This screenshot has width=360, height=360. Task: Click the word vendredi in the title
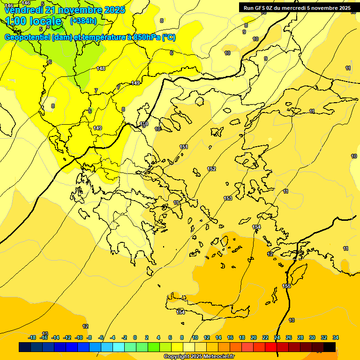click(23, 10)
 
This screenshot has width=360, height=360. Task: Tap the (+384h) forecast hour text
click(83, 21)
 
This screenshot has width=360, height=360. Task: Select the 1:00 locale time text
click(33, 21)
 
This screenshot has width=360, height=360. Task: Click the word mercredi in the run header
click(292, 8)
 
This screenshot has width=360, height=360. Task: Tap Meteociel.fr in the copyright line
click(219, 357)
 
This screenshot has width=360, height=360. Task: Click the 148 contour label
click(101, 69)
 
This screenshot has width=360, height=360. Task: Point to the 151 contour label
click(184, 147)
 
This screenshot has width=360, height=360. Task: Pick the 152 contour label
click(211, 169)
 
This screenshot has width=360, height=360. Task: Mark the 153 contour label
click(228, 198)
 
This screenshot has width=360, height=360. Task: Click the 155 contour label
click(286, 286)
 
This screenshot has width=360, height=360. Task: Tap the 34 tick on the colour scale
click(336, 337)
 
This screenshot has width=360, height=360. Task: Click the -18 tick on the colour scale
click(32, 337)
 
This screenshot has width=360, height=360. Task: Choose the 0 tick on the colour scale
click(135, 337)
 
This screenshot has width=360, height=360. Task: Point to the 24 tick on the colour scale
click(277, 337)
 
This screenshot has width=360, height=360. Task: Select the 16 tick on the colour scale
click(230, 337)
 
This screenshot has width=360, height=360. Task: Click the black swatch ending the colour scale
click(330, 347)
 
